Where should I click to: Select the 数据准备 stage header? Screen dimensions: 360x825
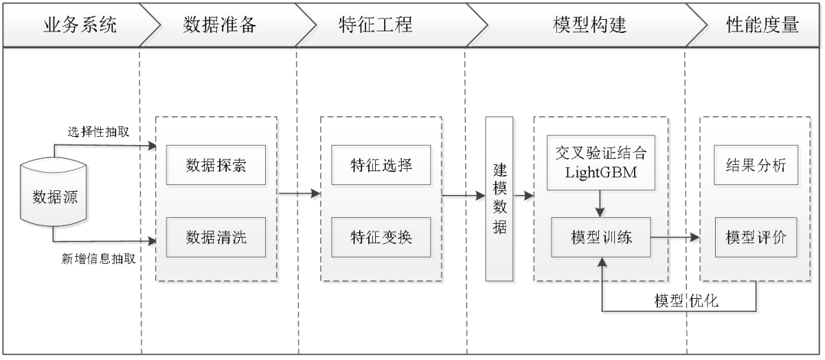(x=220, y=25)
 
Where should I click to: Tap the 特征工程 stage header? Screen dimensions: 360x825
(x=375, y=25)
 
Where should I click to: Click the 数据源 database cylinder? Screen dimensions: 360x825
(x=54, y=196)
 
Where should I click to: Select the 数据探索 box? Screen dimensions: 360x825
(x=216, y=165)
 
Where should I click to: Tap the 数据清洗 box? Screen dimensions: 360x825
(x=216, y=237)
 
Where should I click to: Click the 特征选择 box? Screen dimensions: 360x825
(x=381, y=165)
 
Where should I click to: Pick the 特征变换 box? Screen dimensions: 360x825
(x=381, y=237)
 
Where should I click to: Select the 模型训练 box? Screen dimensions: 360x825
(x=600, y=237)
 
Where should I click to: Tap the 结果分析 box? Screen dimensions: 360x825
(x=755, y=165)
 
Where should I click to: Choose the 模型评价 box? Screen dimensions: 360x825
(x=755, y=237)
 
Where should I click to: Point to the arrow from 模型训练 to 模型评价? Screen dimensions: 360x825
(x=676, y=238)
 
